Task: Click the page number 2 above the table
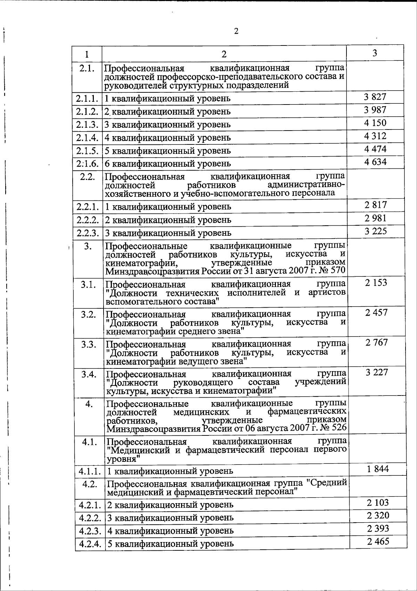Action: click(236, 32)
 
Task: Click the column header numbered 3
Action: click(375, 53)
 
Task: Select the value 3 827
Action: click(375, 97)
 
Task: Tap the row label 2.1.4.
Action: click(87, 138)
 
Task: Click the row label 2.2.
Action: click(87, 177)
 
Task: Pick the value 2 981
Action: click(375, 218)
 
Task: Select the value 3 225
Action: click(376, 231)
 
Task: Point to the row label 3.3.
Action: click(89, 344)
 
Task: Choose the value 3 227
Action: click(377, 373)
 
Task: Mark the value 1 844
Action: click(378, 469)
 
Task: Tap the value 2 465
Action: click(378, 541)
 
